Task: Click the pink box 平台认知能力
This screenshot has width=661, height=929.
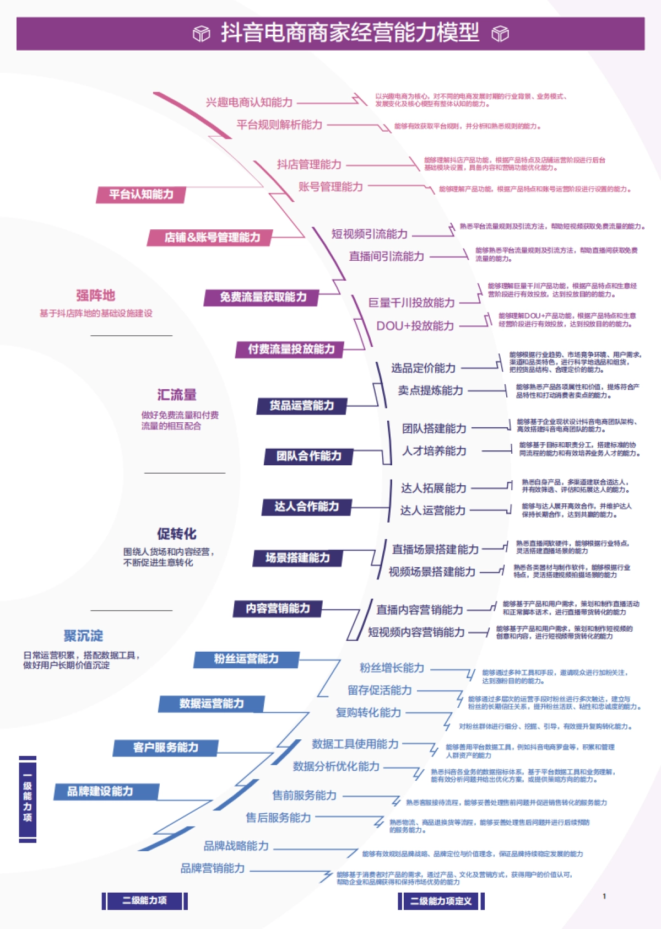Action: click(x=141, y=195)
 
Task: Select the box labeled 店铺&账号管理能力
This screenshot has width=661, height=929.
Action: click(x=212, y=238)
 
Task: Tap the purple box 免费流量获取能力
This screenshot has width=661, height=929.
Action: click(x=263, y=297)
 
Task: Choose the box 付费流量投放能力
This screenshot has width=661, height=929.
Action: click(x=291, y=349)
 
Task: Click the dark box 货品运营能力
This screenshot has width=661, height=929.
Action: click(x=302, y=406)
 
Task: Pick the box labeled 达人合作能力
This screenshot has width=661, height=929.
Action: click(x=307, y=507)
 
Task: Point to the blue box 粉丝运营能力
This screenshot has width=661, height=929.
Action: click(x=246, y=659)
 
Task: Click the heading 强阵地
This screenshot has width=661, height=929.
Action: click(x=96, y=296)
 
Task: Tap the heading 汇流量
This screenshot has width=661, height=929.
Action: click(x=177, y=395)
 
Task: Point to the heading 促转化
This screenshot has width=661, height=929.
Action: click(x=177, y=534)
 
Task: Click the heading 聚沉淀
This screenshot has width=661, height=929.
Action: click(x=83, y=636)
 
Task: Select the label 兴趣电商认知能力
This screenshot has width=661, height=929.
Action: click(x=249, y=103)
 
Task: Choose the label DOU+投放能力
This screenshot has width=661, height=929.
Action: click(x=415, y=326)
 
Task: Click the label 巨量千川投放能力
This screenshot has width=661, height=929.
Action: click(x=411, y=303)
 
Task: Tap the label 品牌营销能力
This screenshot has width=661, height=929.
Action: click(x=213, y=868)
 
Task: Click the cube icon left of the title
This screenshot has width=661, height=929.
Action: click(x=202, y=34)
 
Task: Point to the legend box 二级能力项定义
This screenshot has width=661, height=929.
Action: click(x=441, y=901)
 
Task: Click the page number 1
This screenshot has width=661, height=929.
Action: click(x=604, y=896)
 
